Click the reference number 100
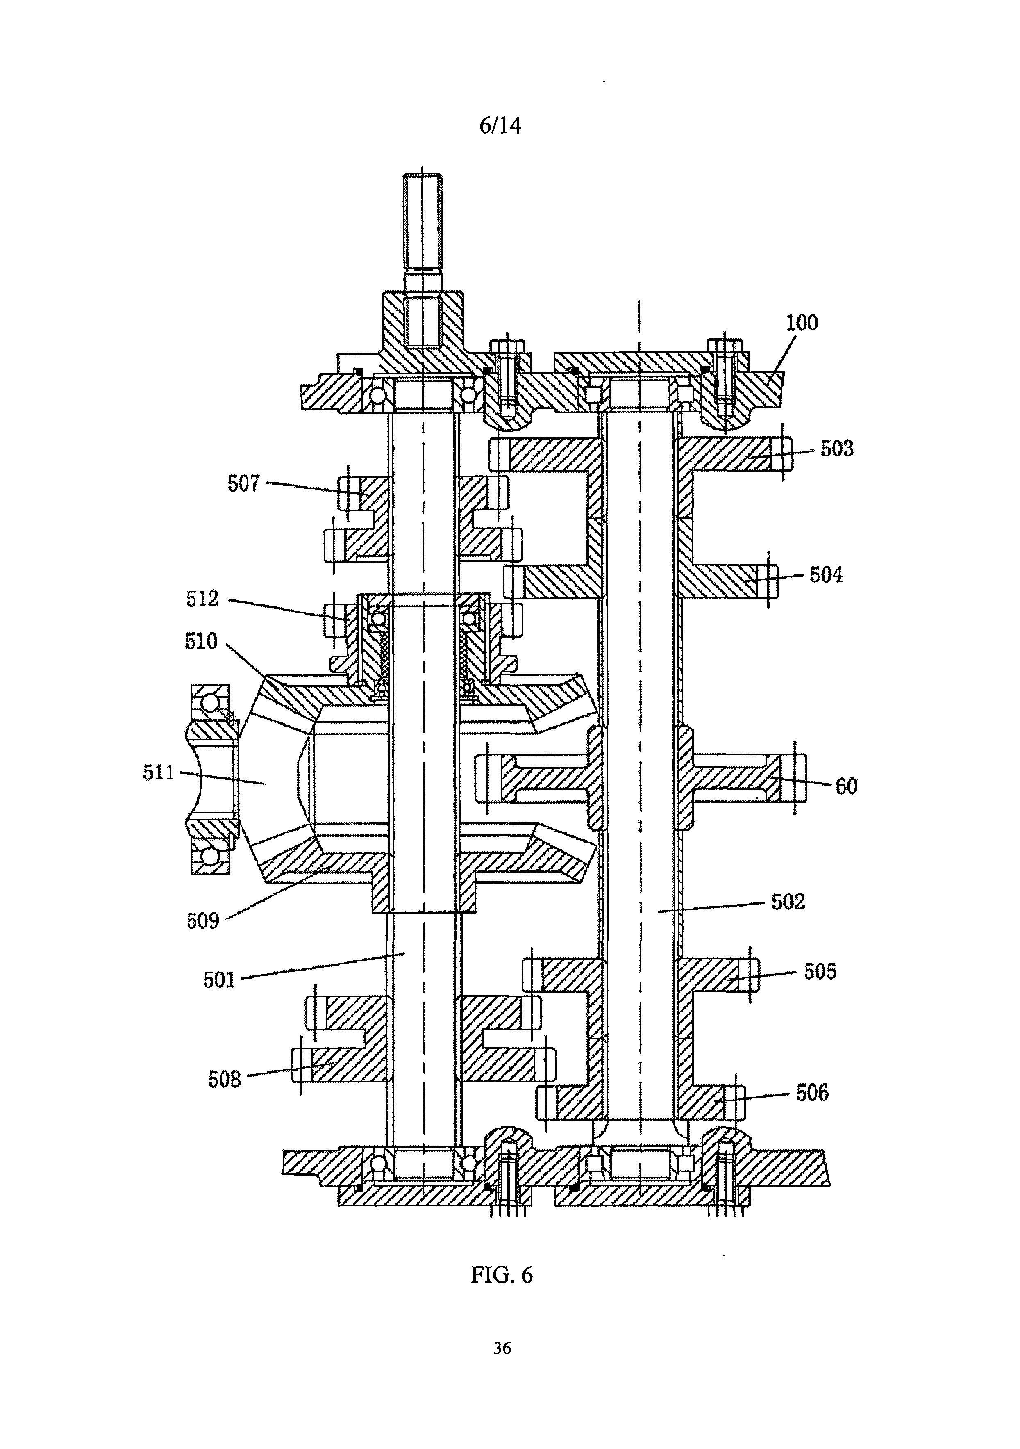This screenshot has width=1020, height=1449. (x=801, y=323)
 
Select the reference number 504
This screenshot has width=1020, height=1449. (x=826, y=575)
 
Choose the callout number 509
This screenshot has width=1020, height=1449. (x=202, y=921)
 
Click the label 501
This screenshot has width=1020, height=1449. (x=219, y=980)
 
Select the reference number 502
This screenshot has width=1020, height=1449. (x=788, y=902)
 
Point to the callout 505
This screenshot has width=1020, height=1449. (x=820, y=971)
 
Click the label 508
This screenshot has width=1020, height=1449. (x=225, y=1079)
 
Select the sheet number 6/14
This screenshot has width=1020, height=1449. (x=500, y=125)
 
